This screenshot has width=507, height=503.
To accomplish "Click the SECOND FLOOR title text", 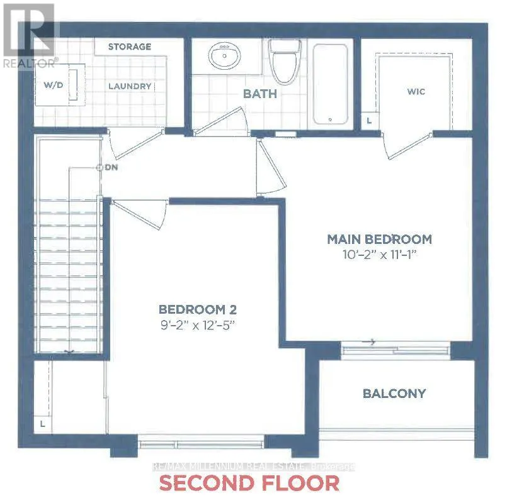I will pyautogui.click(x=249, y=483).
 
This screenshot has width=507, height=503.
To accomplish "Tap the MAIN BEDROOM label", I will pyautogui.click(x=379, y=239).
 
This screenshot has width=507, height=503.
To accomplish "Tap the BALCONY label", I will pyautogui.click(x=394, y=394).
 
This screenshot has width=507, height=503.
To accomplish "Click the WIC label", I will pyautogui.click(x=416, y=92).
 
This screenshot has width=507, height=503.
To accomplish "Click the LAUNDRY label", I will pyautogui.click(x=129, y=86).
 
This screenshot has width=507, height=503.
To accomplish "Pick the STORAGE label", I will pyautogui.click(x=129, y=47).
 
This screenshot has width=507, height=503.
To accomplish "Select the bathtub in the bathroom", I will pyautogui.click(x=330, y=84).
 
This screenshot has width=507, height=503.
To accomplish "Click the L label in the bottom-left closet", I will pyautogui.click(x=42, y=424).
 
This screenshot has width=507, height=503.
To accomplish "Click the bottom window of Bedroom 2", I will pyautogui.click(x=201, y=443).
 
